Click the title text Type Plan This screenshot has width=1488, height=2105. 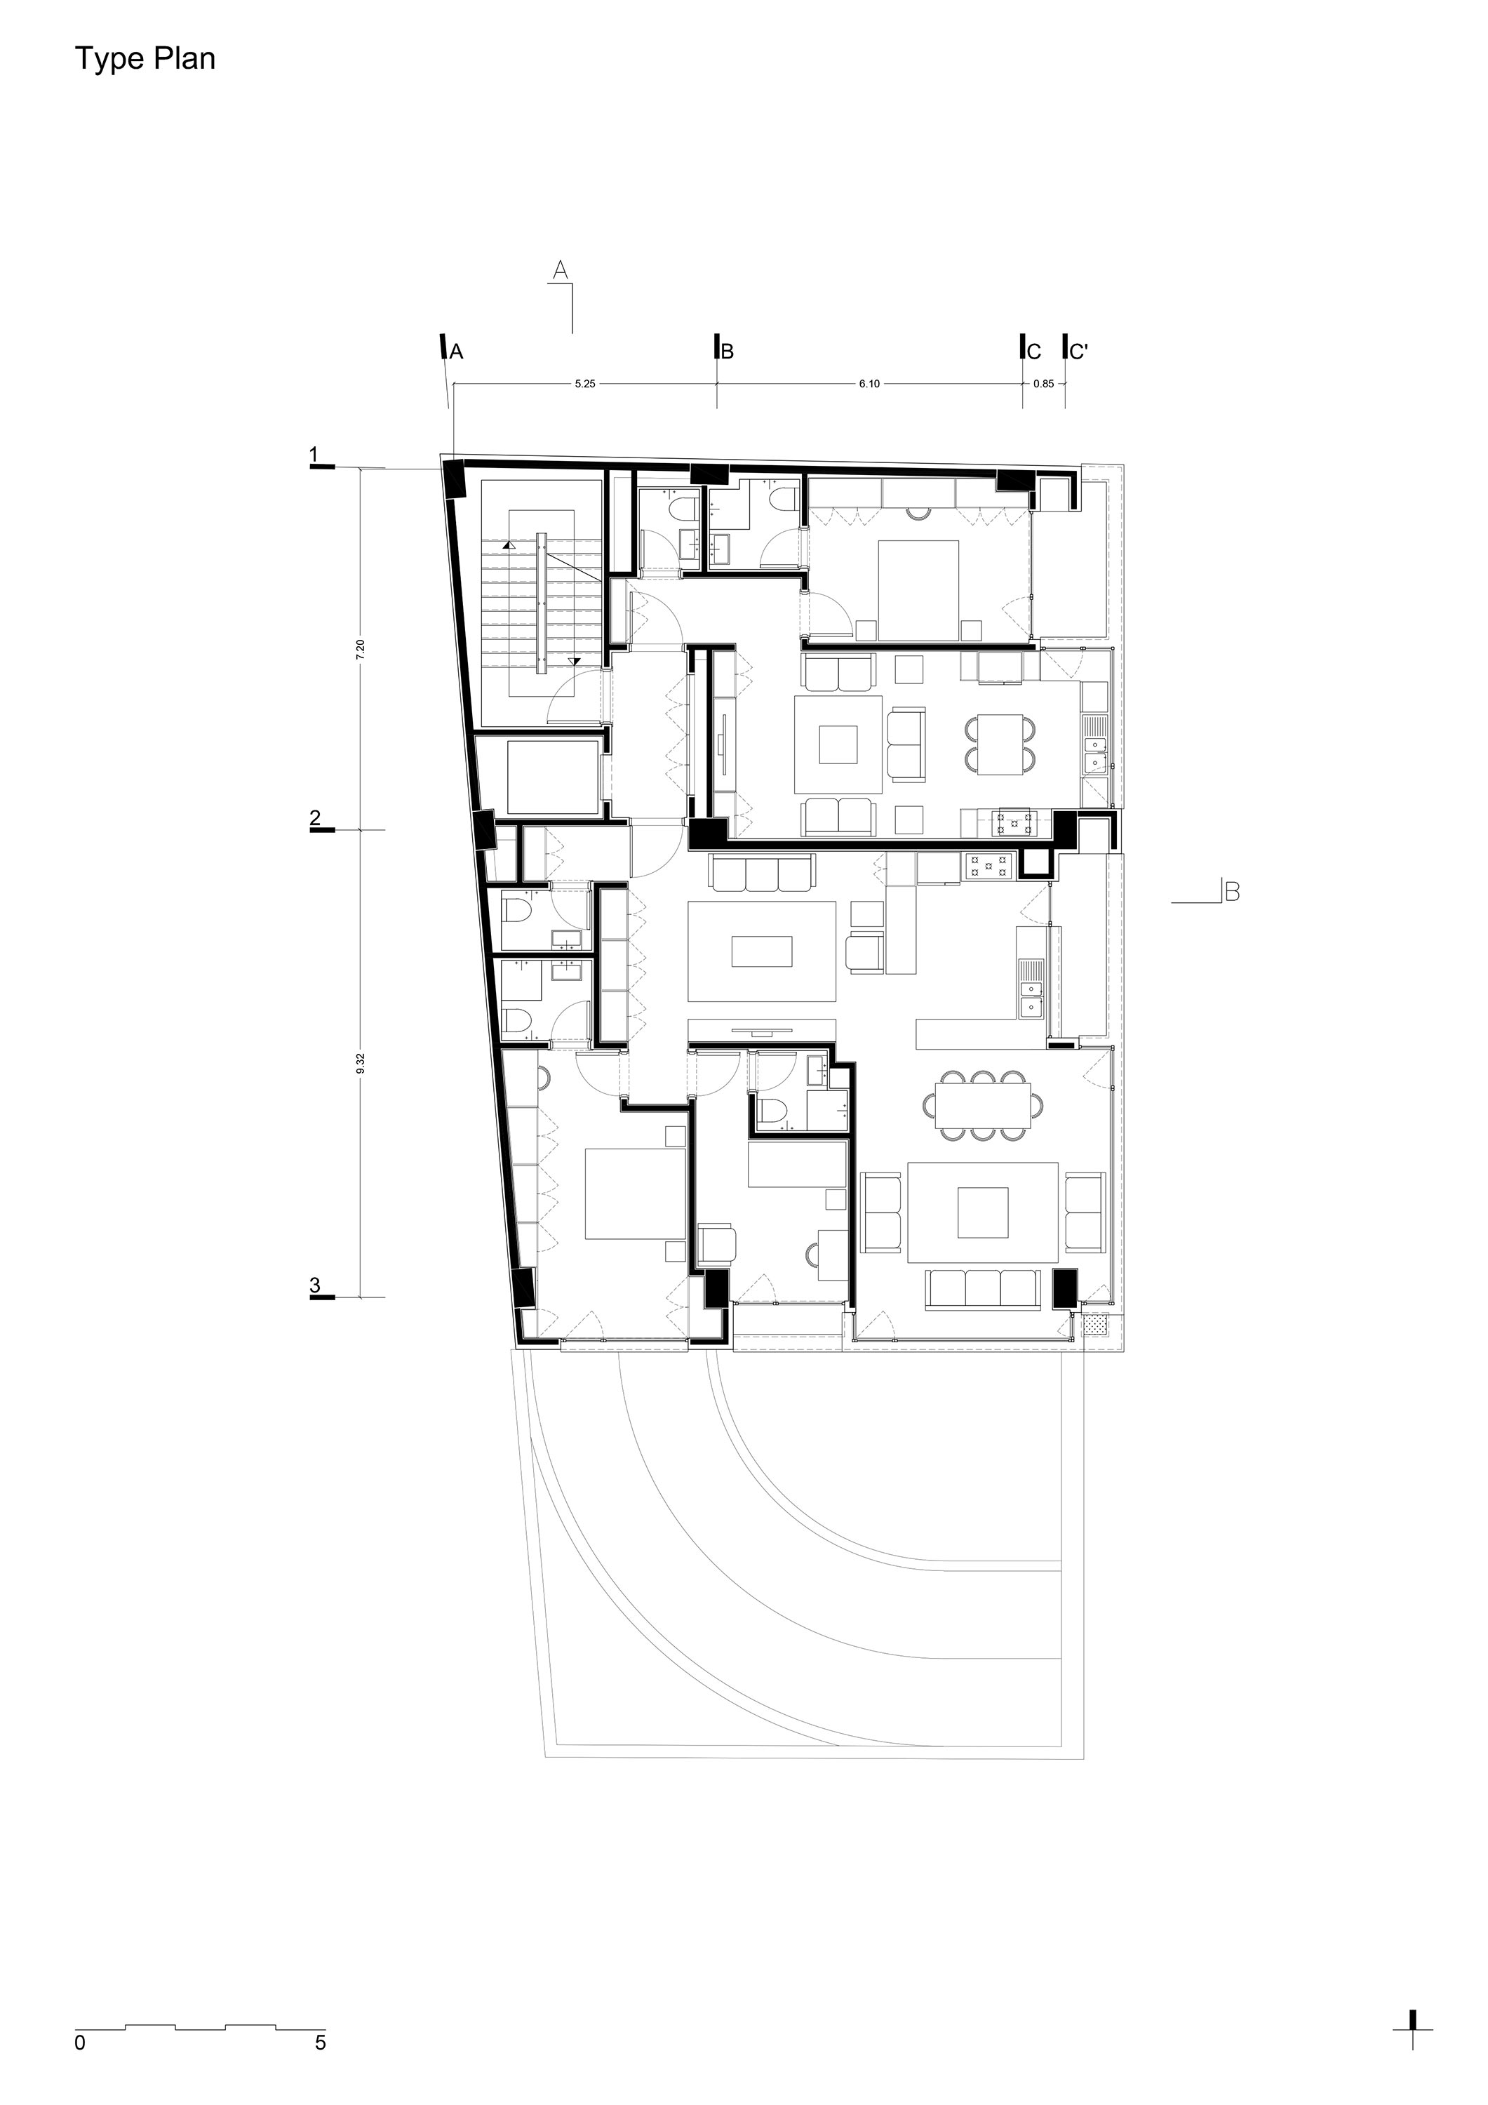click(145, 60)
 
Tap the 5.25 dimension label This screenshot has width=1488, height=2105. click(585, 384)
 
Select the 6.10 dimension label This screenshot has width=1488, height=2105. click(869, 384)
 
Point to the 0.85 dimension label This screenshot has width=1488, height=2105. click(1043, 384)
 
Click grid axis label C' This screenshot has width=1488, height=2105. click(1079, 351)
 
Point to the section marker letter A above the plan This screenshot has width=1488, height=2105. click(561, 269)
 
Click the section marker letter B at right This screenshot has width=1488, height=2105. click(1232, 891)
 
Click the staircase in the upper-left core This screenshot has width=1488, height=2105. click(542, 601)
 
